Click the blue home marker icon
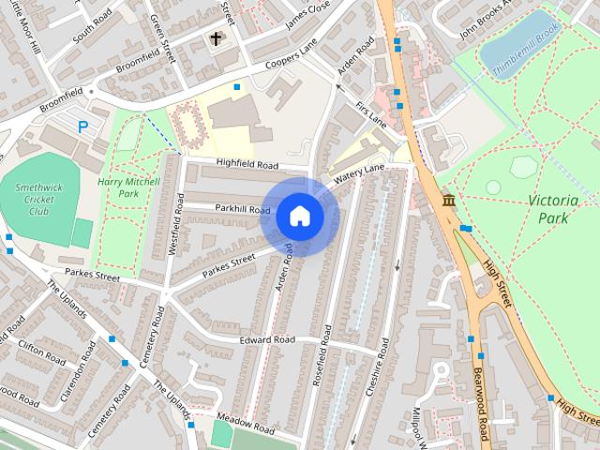pyautogui.click(x=299, y=216)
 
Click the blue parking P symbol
pyautogui.click(x=83, y=127)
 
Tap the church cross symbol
pyautogui.click(x=217, y=38)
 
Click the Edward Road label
pyautogui.click(x=266, y=339)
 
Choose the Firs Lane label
pyautogui.click(x=371, y=116)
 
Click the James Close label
pyautogui.click(x=308, y=16)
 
